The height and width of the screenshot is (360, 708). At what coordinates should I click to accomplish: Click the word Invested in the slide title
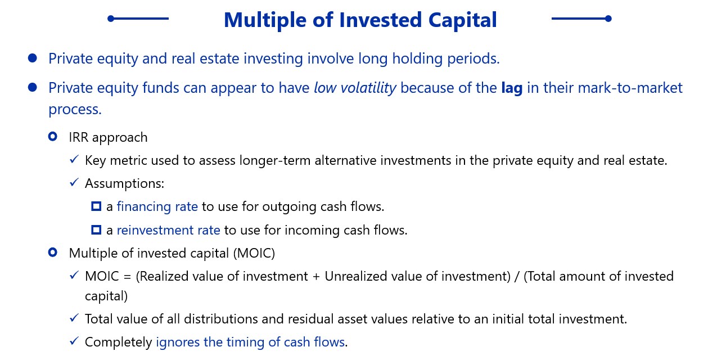381,20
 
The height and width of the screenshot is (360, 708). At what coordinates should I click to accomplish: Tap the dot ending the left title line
111,19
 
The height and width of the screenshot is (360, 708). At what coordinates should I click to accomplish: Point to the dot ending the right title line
608,19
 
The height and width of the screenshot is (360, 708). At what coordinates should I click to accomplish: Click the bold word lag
512,88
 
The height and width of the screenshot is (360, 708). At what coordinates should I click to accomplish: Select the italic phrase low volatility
355,88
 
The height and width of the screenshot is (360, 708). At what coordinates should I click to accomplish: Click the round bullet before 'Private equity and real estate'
32,58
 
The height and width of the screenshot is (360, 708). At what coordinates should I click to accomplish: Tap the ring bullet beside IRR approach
53,137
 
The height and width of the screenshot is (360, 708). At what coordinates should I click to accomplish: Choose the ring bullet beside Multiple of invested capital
53,252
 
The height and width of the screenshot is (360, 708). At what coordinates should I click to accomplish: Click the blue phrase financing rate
157,206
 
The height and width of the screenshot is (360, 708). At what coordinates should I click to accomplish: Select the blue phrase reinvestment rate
169,229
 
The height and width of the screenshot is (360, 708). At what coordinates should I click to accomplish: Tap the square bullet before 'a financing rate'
96,206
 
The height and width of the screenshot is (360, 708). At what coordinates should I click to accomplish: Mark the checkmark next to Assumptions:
74,182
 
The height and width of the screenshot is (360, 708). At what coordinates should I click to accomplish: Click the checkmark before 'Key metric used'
74,159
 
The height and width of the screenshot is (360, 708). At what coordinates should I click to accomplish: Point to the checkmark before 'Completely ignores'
74,341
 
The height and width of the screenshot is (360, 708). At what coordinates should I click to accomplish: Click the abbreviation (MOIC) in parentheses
254,253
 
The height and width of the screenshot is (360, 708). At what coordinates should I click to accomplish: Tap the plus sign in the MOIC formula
316,277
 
